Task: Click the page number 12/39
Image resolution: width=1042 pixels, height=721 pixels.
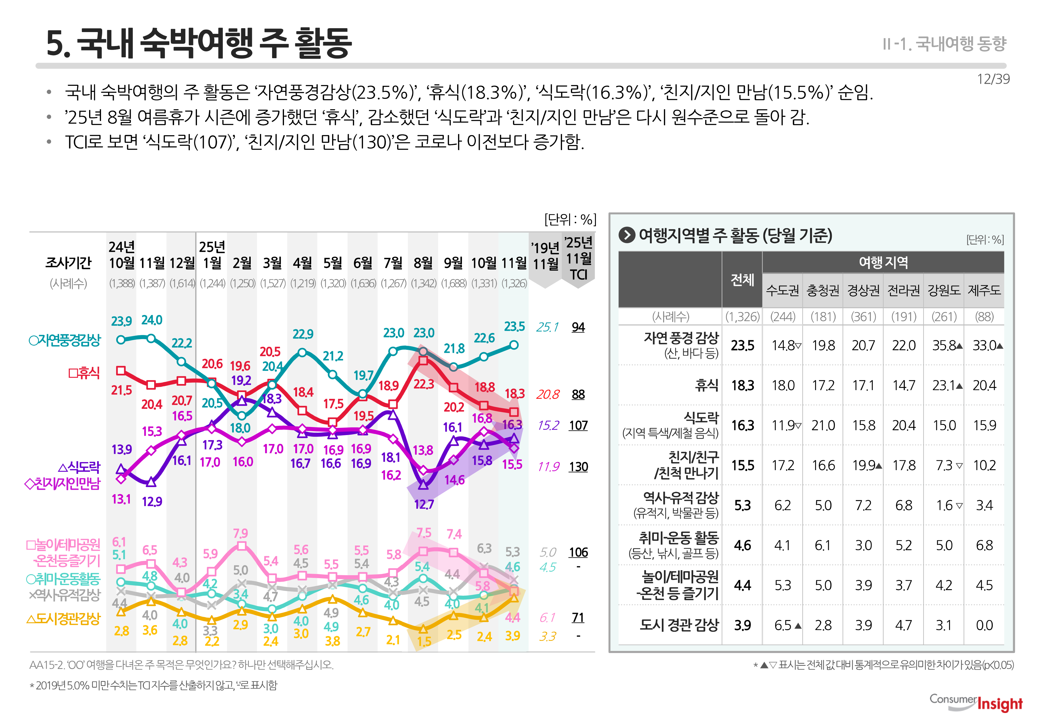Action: pos(993,79)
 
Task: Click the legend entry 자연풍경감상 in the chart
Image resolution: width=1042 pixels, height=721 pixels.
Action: pos(65,340)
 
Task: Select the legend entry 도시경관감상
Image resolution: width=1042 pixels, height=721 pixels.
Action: pos(63,619)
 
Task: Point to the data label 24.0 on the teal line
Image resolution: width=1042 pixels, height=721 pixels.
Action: pos(151,320)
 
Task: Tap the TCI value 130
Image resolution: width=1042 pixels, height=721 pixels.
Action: pos(578,467)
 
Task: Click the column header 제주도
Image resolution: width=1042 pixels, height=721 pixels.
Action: pos(984,290)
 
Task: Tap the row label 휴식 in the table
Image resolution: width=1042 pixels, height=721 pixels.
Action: pos(706,385)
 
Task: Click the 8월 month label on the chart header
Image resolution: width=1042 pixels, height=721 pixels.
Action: pos(423,263)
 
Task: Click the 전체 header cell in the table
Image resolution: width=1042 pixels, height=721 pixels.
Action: pos(742,280)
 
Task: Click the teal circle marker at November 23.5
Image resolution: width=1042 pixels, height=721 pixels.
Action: pos(514,345)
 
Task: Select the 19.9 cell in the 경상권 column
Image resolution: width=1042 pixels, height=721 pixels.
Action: pos(863,465)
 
